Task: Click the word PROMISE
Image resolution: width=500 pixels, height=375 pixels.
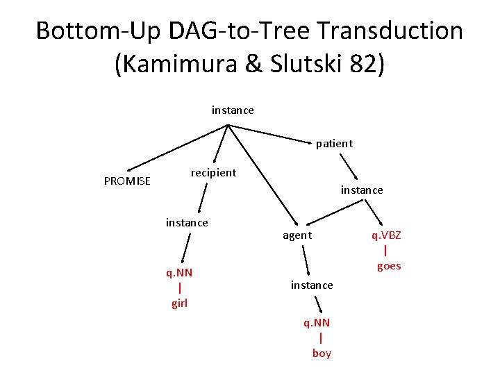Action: [x=127, y=181]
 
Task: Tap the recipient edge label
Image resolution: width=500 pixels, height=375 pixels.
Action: [x=213, y=172]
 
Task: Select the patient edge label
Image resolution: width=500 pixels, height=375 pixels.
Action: [x=334, y=144]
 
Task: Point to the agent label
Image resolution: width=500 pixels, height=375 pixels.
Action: [x=297, y=235]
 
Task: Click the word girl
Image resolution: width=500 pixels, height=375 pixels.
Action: [x=179, y=303]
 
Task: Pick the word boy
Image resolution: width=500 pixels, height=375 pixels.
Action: [x=322, y=353]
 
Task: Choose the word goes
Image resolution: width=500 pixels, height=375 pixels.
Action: [x=389, y=266]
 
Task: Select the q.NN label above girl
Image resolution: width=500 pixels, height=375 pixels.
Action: [x=179, y=273]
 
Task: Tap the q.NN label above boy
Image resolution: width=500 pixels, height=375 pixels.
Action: [x=317, y=323]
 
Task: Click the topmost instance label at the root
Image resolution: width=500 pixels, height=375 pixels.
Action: [x=233, y=110]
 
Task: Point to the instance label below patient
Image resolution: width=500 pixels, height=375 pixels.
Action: [x=361, y=190]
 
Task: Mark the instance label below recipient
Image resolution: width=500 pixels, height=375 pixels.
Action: [x=187, y=222]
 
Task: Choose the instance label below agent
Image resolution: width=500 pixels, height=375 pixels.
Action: [x=312, y=285]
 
